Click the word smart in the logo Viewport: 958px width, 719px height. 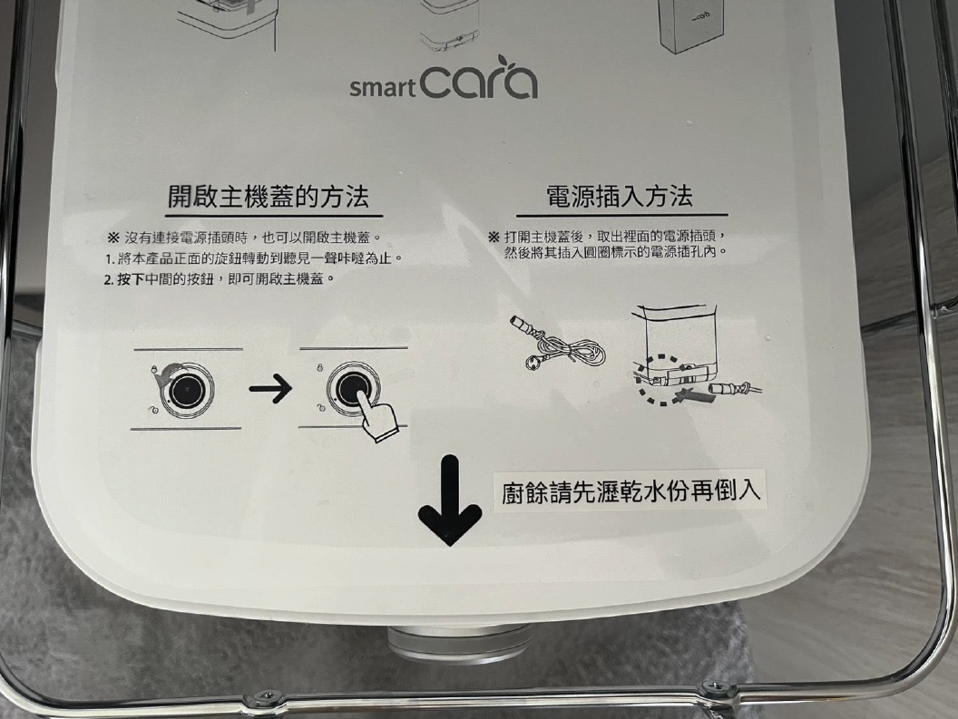382,88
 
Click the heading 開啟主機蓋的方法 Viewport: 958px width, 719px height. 269,197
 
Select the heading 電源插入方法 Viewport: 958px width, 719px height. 620,196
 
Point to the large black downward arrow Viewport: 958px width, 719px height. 450,500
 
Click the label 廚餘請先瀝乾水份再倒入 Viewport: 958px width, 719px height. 631,492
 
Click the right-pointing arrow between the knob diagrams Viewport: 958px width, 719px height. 270,389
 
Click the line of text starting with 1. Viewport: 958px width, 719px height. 254,258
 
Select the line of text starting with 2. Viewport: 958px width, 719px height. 219,280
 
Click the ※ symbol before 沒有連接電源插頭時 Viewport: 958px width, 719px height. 113,237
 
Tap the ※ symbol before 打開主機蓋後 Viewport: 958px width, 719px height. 494,237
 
